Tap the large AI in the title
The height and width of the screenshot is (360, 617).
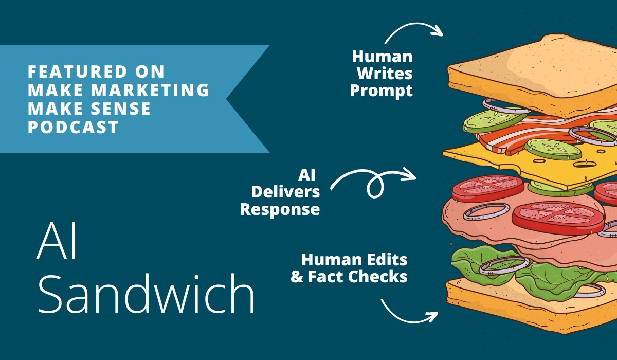tap(56, 243)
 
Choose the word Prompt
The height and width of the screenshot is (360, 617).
tap(381, 91)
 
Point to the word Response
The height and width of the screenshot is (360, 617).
tap(280, 210)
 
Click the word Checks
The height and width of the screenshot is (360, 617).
tap(378, 277)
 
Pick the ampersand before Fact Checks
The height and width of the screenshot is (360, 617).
tap(297, 277)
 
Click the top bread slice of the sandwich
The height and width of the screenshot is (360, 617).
tap(530, 69)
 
